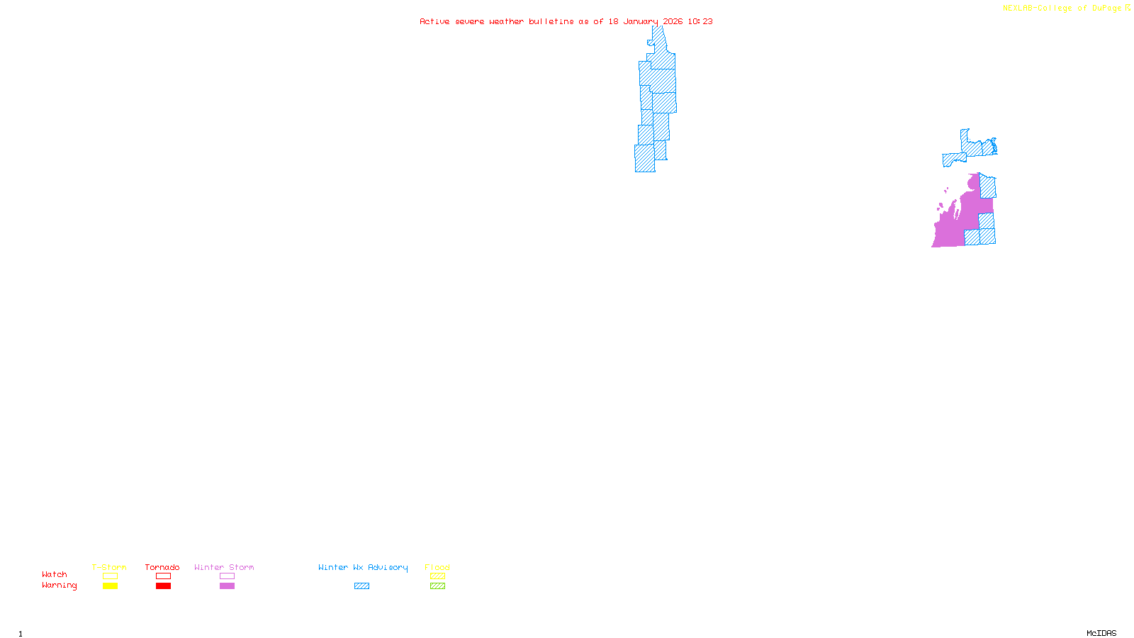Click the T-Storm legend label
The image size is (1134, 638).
pos(109,567)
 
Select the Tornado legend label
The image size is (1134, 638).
pos(162,567)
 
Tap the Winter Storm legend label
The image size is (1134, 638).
pos(224,567)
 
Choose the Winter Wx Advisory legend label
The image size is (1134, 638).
pos(363,567)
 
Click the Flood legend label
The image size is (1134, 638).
pos(437,567)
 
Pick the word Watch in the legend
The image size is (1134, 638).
pos(55,574)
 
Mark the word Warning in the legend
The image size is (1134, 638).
pos(60,586)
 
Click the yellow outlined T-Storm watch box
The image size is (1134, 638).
pos(110,576)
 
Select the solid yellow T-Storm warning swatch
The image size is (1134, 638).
pos(110,586)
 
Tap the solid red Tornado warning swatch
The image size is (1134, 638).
pos(164,586)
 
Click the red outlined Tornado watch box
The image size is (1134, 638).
pos(164,576)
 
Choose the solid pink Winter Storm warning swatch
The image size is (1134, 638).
pos(227,586)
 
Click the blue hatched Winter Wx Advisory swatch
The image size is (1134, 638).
pos(361,586)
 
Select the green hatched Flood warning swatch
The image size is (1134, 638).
pos(438,586)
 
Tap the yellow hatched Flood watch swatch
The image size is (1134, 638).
pos(438,576)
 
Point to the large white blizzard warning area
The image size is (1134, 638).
pos(588,106)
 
